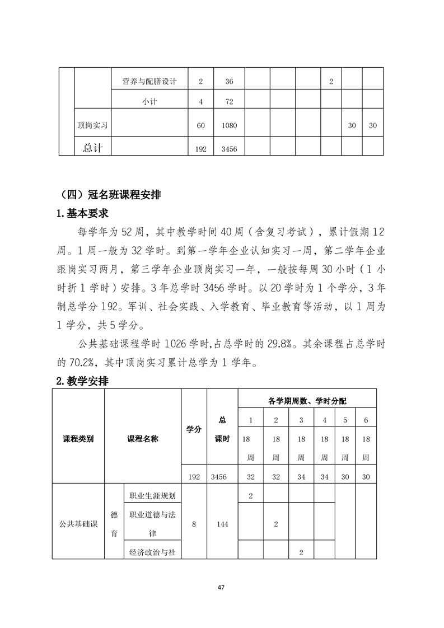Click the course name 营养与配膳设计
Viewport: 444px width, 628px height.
(149, 82)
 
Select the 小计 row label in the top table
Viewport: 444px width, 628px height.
(149, 102)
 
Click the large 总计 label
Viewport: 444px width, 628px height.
(92, 148)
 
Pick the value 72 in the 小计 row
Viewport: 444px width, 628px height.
(229, 102)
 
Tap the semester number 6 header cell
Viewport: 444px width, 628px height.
(366, 420)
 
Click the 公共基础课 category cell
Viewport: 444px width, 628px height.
(78, 524)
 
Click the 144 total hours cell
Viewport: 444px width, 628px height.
(222, 524)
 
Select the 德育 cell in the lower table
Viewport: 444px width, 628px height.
(114, 524)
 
